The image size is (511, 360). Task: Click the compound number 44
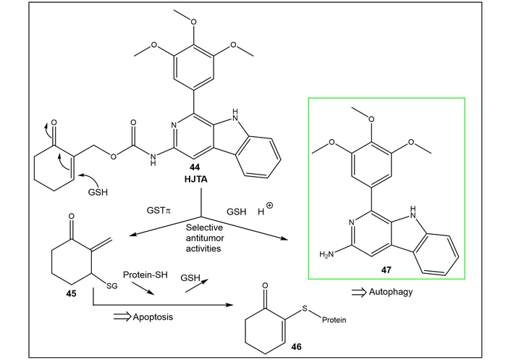195,167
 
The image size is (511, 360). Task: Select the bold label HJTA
195,180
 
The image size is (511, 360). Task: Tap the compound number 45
71,293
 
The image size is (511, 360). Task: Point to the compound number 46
296,347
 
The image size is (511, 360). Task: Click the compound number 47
386,270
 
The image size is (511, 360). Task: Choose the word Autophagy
390,291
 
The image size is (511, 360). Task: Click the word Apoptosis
153,317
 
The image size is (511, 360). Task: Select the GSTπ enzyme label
159,210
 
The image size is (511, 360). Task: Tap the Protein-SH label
145,275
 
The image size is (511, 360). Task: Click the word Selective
204,227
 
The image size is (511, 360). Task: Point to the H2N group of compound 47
327,254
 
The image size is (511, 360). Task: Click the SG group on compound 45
112,286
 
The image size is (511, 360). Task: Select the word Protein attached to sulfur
334,320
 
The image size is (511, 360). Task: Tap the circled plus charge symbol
269,206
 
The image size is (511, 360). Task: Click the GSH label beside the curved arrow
98,192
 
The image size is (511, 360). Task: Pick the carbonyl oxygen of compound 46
266,285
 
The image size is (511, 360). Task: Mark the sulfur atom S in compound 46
305,308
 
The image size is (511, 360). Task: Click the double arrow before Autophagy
359,292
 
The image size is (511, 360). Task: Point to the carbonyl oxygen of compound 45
72,216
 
